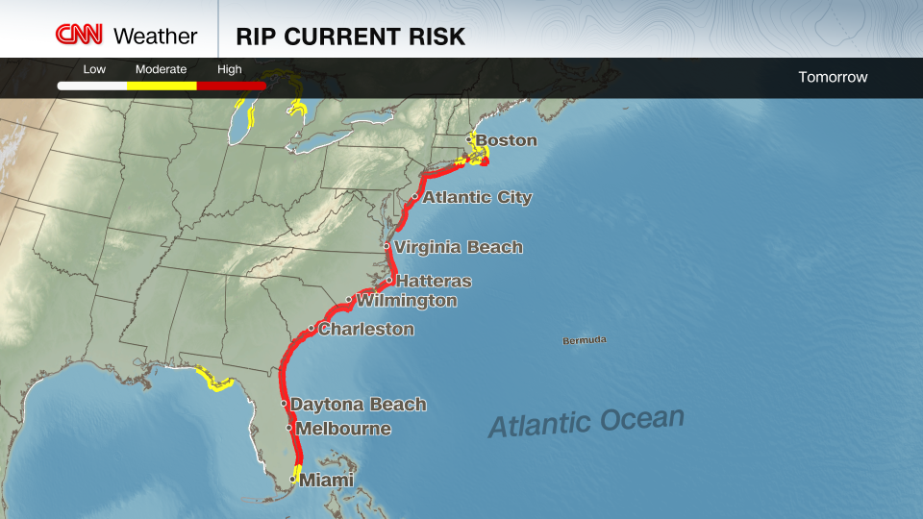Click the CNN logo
tap(79, 36)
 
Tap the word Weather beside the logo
tap(155, 37)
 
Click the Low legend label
tap(94, 69)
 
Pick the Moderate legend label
tap(161, 69)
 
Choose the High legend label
tap(230, 69)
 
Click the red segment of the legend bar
tap(231, 86)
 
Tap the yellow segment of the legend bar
tap(162, 86)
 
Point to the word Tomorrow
tap(833, 77)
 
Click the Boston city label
tap(507, 140)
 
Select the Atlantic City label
tap(477, 197)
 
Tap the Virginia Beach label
tap(459, 247)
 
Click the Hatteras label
tap(434, 282)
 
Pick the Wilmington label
tap(407, 301)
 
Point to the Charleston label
tap(366, 330)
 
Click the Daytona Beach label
tap(358, 405)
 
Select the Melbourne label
tap(343, 429)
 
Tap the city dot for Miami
tap(292, 479)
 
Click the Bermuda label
tap(585, 340)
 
